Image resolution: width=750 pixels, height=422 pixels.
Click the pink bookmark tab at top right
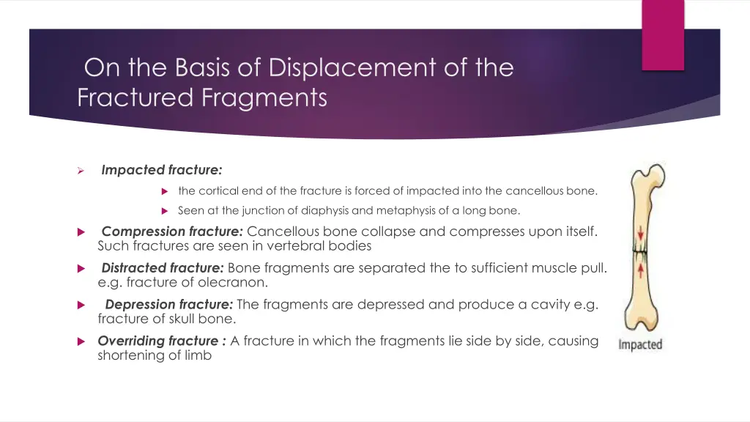(x=662, y=34)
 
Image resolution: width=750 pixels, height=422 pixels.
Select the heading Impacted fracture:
(x=162, y=170)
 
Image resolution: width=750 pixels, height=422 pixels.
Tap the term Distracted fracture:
(x=163, y=268)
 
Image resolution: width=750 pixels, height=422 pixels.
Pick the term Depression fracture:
(x=169, y=305)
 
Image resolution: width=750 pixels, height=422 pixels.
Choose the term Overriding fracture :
(x=162, y=341)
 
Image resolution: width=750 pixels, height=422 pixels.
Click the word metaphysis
(x=404, y=211)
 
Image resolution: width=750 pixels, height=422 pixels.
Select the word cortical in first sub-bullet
(x=218, y=191)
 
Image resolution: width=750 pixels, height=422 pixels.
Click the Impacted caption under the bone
(x=640, y=344)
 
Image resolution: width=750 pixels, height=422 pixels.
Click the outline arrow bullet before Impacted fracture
(x=82, y=171)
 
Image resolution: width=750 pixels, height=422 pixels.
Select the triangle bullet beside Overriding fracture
(x=81, y=341)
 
